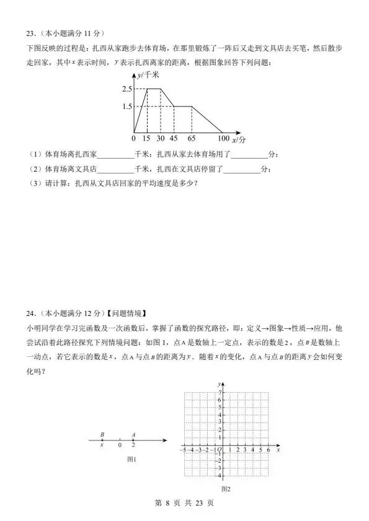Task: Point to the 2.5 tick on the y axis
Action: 127,89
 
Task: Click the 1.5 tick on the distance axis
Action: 127,107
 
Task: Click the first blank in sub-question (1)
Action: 114,155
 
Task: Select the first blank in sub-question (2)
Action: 114,169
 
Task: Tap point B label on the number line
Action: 102,435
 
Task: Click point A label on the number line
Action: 133,435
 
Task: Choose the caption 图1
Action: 131,460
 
